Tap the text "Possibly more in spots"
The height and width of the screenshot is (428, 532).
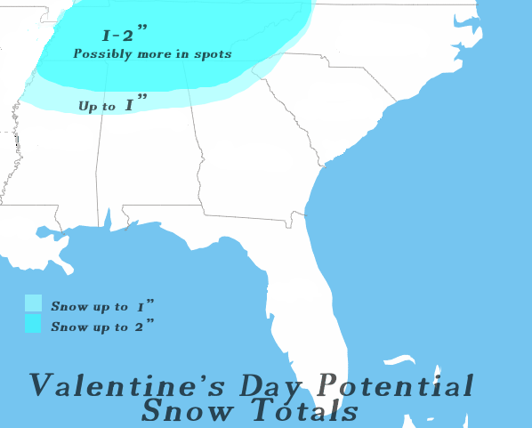point(152,54)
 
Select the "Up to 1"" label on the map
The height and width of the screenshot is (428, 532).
point(112,105)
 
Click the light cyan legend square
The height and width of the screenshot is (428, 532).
point(34,303)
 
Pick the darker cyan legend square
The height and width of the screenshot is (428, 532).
point(34,324)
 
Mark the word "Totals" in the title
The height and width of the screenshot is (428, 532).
point(302,412)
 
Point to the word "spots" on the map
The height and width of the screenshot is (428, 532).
point(214,54)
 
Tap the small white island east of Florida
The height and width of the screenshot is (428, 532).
point(399,360)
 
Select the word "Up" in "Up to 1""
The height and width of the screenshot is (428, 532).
point(86,106)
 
